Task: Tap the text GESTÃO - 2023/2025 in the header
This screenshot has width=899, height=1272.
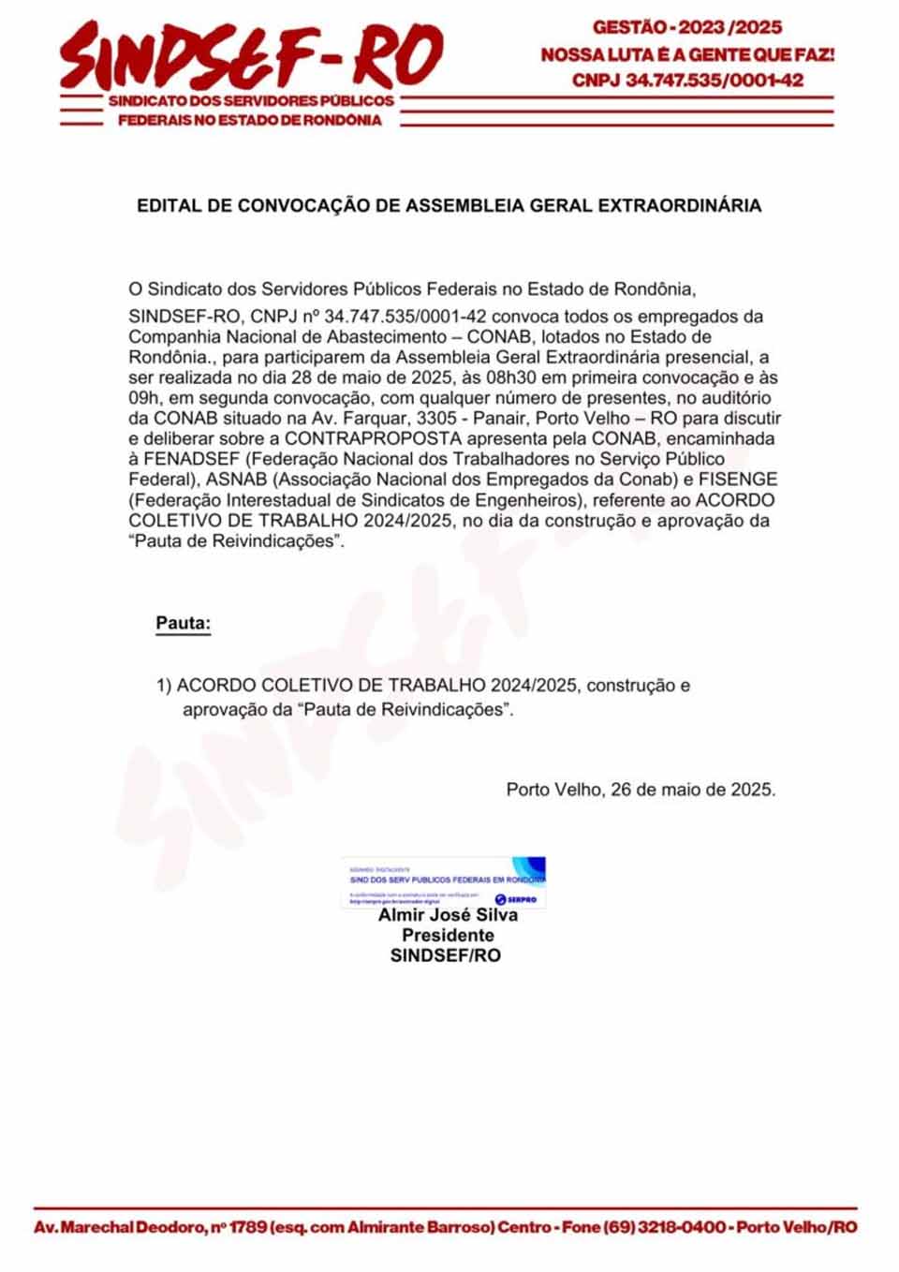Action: [687, 27]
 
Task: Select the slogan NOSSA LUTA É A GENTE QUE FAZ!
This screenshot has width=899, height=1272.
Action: [687, 54]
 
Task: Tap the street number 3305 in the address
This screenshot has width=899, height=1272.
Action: [438, 418]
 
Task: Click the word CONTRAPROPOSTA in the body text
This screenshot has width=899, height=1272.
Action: [373, 438]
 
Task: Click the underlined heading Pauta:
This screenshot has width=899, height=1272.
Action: [184, 623]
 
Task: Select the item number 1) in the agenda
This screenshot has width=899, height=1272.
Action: [164, 686]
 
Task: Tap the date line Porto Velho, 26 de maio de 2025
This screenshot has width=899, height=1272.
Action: [641, 790]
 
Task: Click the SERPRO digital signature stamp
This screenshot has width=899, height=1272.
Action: [443, 881]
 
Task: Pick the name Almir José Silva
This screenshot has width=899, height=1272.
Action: [448, 915]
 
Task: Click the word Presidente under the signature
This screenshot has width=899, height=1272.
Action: [448, 935]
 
